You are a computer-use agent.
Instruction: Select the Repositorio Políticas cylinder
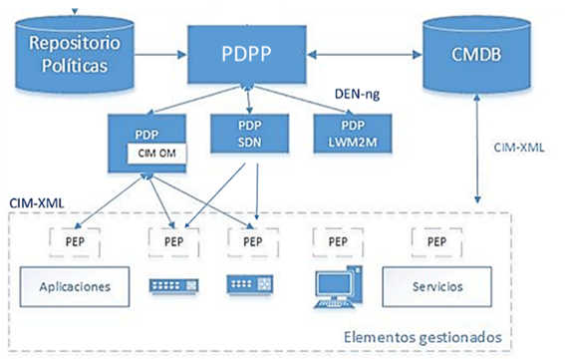point(67,53)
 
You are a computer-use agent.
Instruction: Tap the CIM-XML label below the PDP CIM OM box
point(37,202)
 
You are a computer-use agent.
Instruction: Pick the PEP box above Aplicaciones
point(75,241)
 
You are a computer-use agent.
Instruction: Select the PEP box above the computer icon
point(335,241)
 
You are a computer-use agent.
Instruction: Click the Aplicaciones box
point(75,288)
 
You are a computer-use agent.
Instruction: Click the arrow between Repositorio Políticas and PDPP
point(160,44)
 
